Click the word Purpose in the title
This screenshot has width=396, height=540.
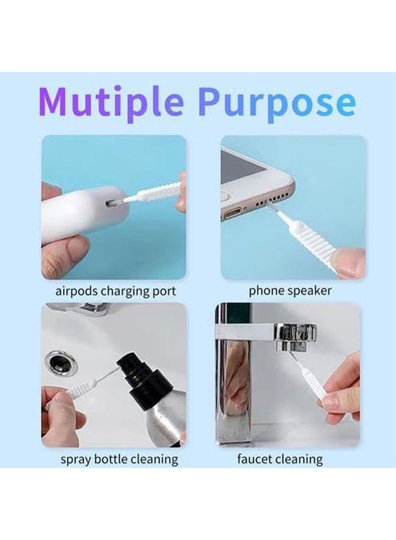pyautogui.click(x=277, y=103)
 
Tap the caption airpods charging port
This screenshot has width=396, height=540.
pyautogui.click(x=116, y=292)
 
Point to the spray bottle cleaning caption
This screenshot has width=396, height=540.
pyautogui.click(x=119, y=460)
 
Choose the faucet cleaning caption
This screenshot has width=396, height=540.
pyautogui.click(x=280, y=460)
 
